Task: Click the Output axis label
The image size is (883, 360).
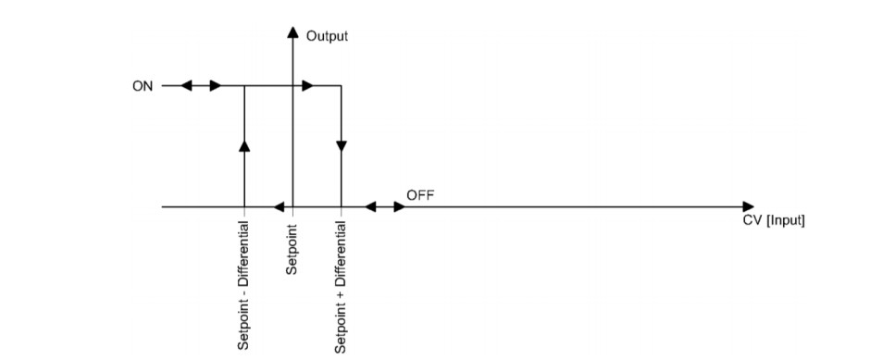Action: click(x=327, y=36)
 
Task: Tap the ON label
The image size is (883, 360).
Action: click(x=143, y=86)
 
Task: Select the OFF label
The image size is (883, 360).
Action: click(x=419, y=195)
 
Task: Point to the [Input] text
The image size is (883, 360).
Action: click(x=786, y=221)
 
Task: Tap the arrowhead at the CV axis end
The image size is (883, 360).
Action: click(x=749, y=207)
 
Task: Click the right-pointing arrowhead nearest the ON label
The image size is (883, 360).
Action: click(x=216, y=86)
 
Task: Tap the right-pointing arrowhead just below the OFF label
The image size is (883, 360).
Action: click(x=400, y=207)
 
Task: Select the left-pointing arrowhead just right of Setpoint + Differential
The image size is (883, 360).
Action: click(x=369, y=207)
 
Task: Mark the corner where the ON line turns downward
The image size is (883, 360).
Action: click(x=341, y=86)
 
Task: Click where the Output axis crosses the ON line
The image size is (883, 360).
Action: click(x=292, y=86)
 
